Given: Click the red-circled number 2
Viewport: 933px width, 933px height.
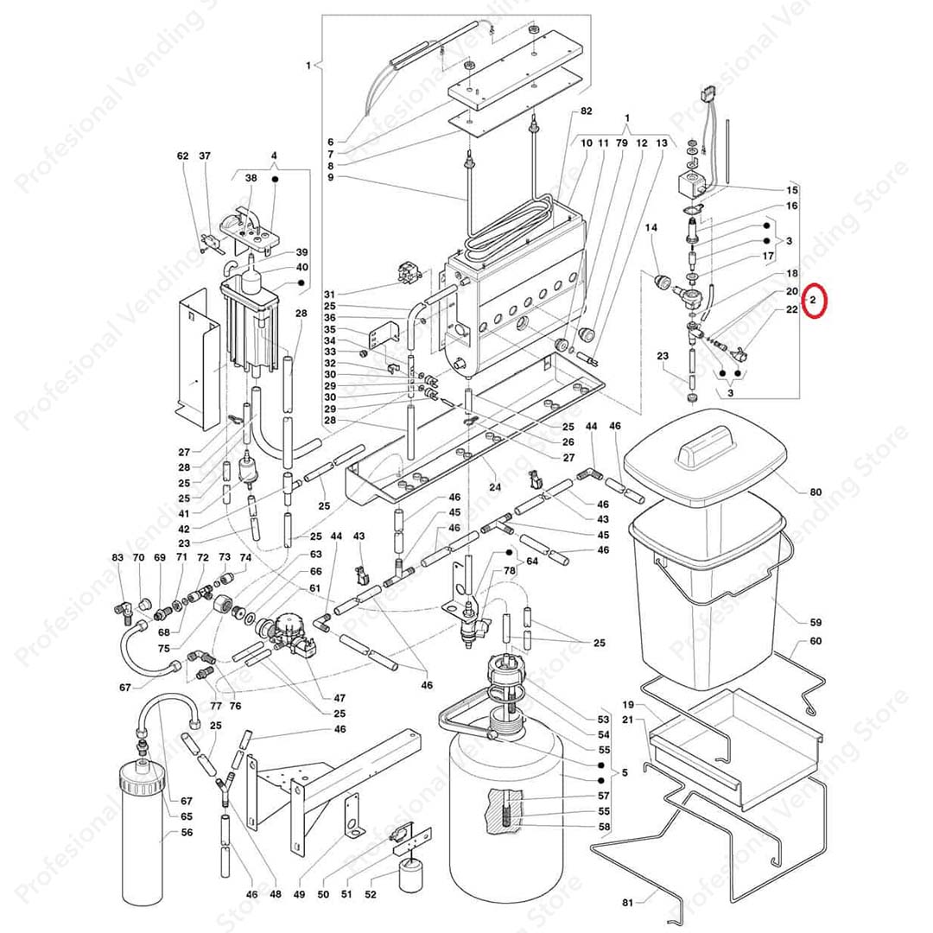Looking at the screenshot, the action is pos(813,302).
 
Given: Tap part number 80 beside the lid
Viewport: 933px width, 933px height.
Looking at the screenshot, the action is pos(816,492).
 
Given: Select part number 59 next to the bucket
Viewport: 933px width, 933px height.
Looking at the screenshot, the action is pos(816,622).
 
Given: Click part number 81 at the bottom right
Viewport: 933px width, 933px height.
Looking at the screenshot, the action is pos(628,903).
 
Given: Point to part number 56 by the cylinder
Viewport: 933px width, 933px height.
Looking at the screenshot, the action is pos(187,833).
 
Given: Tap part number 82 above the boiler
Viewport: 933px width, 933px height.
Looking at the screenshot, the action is pos(587,112).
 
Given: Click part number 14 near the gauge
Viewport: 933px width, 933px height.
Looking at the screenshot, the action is pos(651,227).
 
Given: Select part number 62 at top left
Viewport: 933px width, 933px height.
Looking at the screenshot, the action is pos(182,156).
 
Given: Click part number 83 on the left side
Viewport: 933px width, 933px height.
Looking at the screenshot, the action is pos(117,559).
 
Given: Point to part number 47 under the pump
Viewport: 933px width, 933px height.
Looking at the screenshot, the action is pos(339,697).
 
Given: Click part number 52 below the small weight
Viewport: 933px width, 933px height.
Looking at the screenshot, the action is pos(371,895).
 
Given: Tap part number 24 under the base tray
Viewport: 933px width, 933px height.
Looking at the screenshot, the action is pos(494,486).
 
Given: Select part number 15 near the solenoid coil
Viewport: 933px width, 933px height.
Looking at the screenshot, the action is pos(791,189).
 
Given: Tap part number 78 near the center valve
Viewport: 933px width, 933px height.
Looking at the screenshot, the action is pos(510,571).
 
